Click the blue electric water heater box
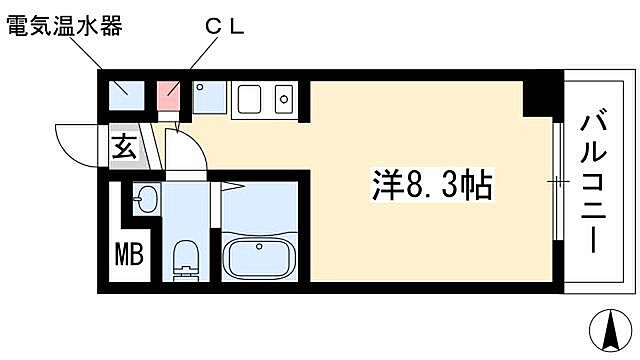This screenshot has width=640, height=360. [126, 94]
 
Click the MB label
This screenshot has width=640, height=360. [128, 254]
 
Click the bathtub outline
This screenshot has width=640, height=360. [261, 259]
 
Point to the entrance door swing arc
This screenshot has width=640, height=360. [75, 140]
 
